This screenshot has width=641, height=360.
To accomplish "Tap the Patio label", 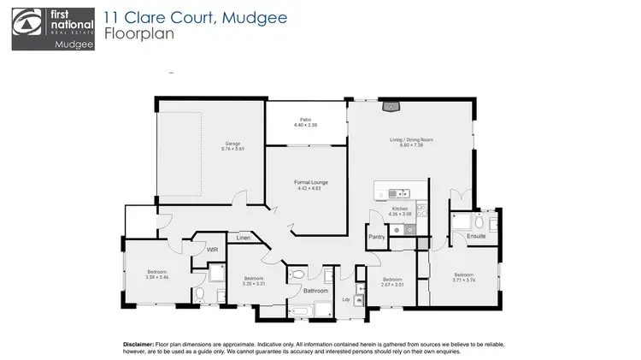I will click(x=305, y=122).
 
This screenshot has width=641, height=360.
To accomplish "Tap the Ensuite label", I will click(x=475, y=235).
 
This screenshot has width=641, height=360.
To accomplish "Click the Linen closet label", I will click(x=244, y=237).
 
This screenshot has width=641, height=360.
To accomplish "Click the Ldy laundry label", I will click(x=345, y=299).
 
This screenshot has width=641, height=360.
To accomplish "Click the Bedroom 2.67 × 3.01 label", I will click(x=392, y=282).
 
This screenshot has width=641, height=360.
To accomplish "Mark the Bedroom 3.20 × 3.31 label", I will click(x=254, y=281).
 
